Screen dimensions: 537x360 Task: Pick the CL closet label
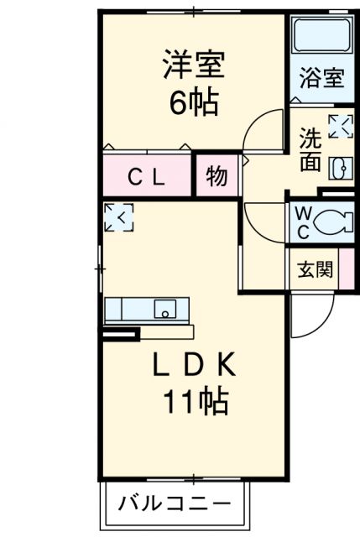click(147, 177)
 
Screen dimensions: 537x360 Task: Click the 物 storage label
click(217, 177)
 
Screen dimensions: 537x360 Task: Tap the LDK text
click(195, 366)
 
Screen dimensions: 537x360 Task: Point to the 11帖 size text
click(195, 404)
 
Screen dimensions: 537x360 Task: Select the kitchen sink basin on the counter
click(166, 309)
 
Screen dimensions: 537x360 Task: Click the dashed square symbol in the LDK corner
click(117, 217)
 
